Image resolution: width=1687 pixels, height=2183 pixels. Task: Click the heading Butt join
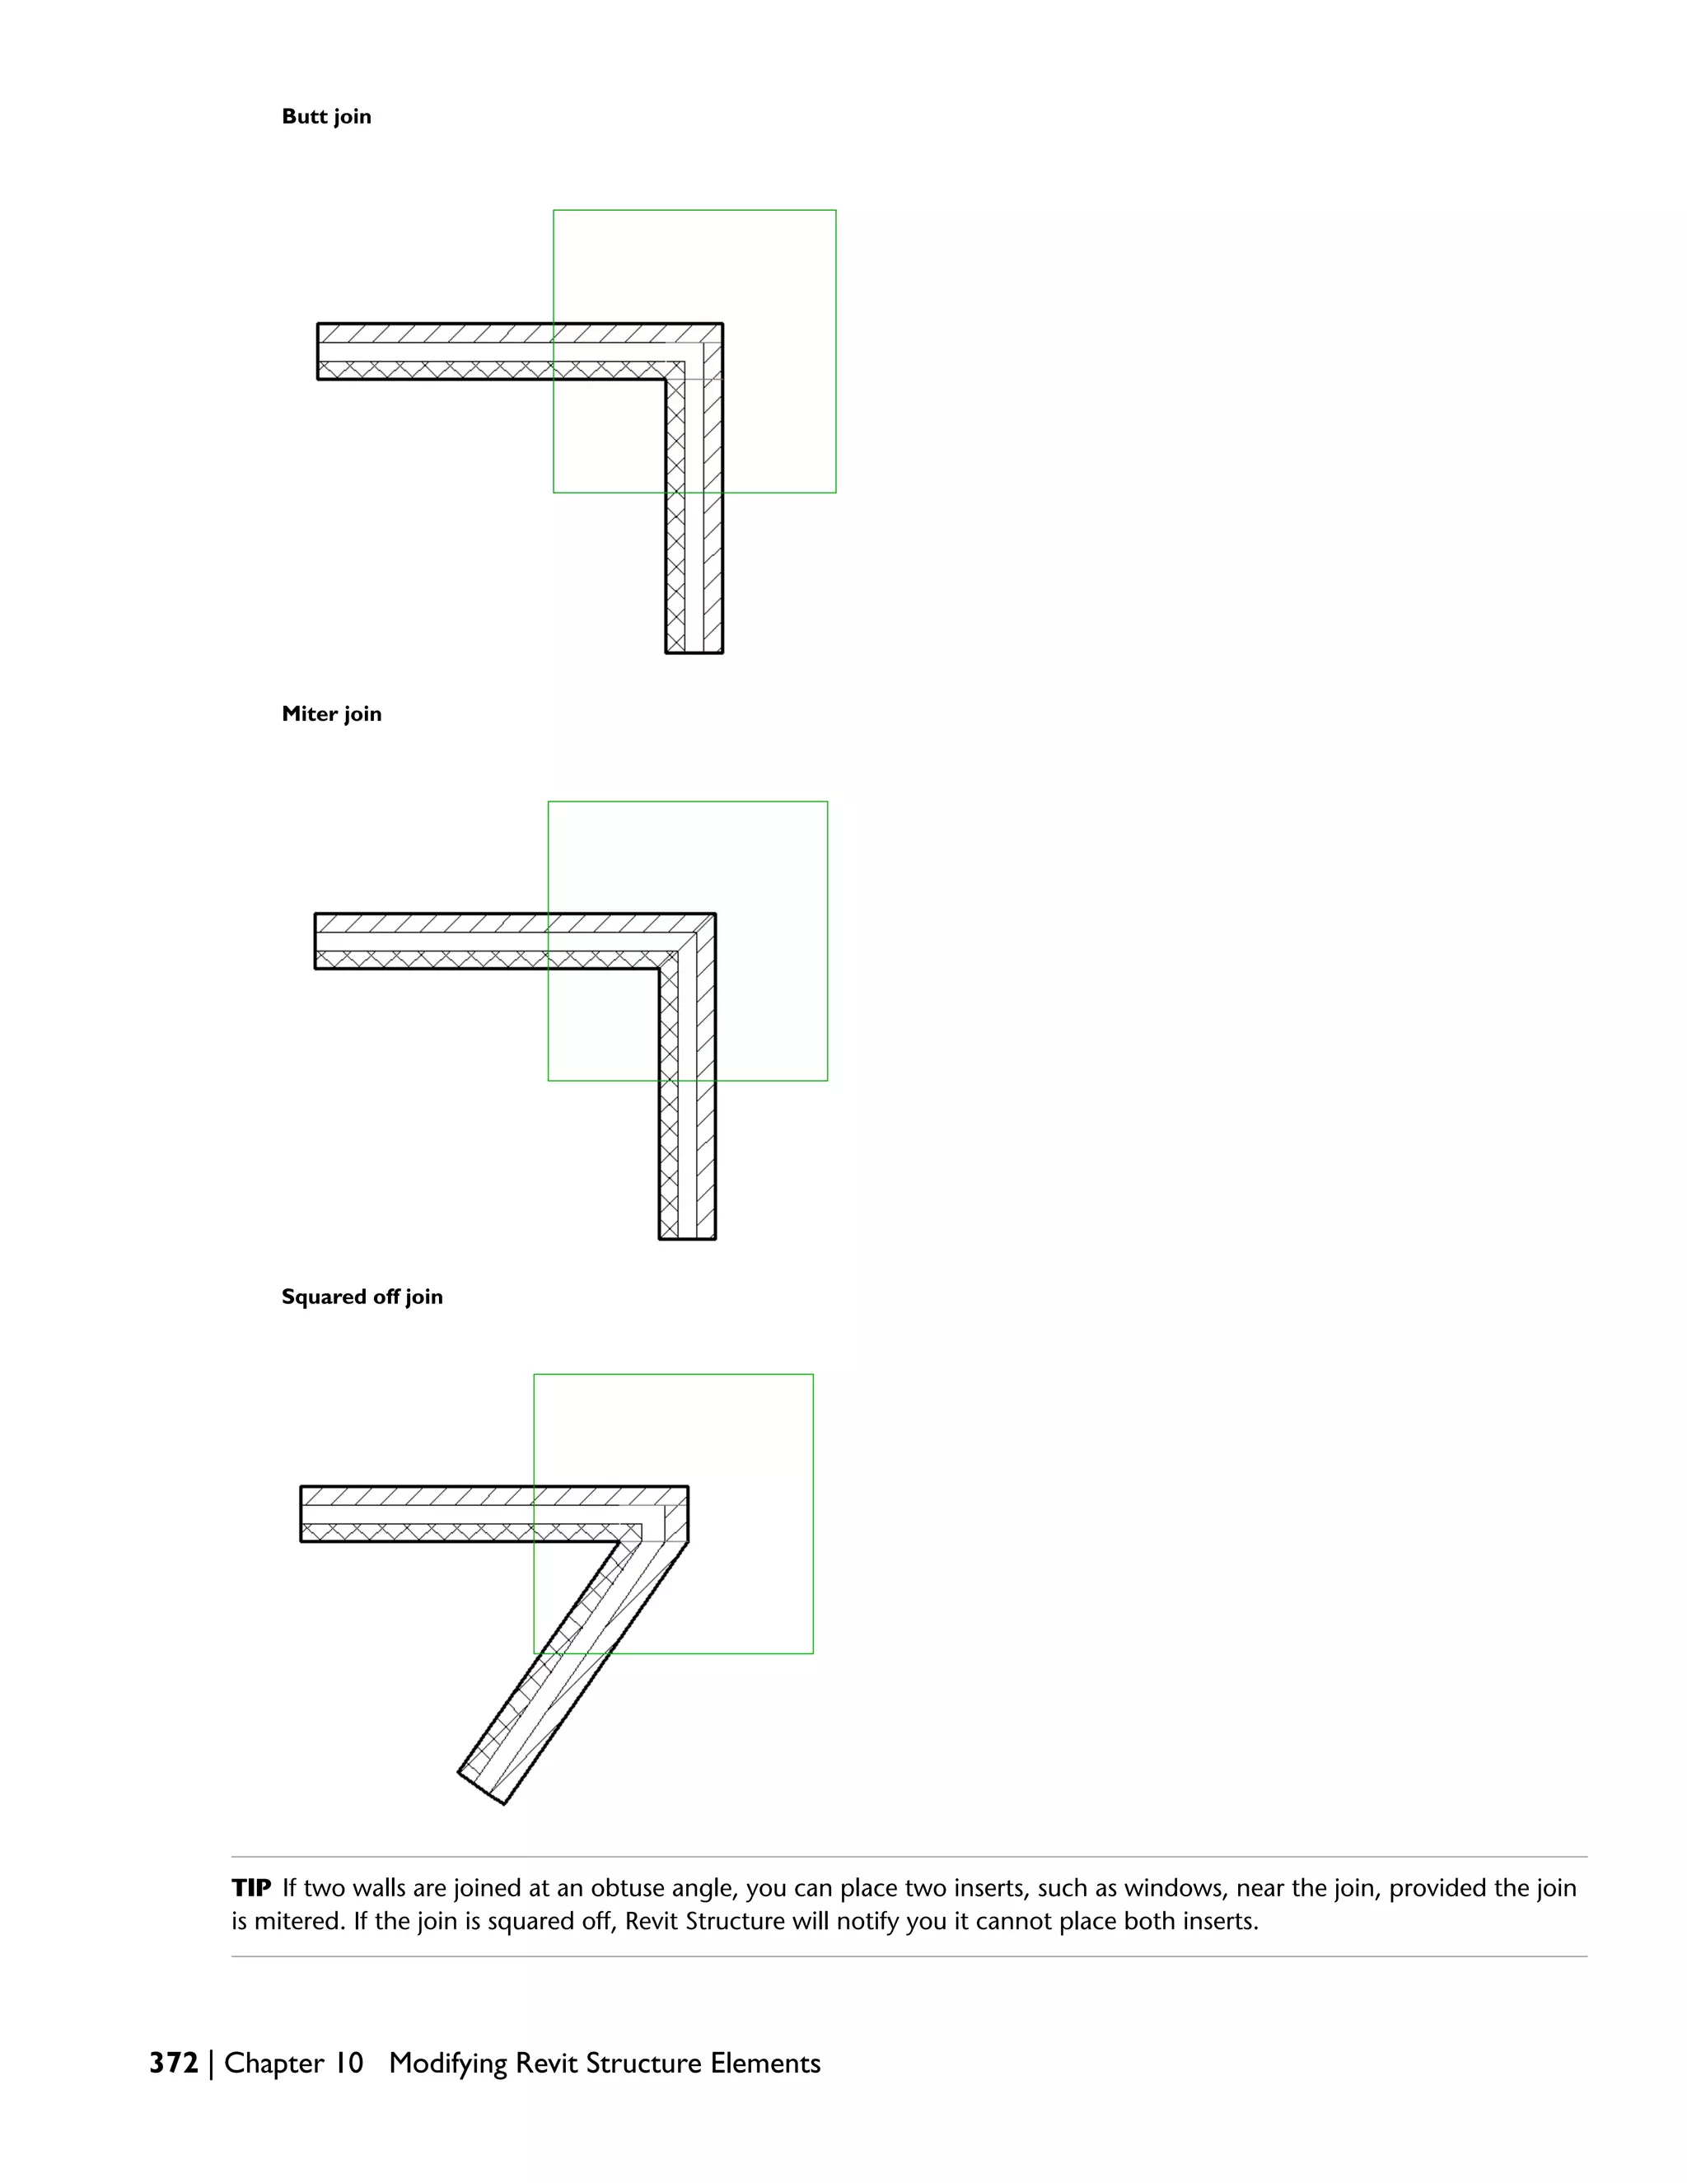pos(326,117)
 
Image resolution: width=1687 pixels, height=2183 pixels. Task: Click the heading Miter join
pos(331,713)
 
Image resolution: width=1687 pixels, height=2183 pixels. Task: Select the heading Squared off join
pos(362,1297)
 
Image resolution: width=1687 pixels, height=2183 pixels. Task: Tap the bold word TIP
pos(252,1888)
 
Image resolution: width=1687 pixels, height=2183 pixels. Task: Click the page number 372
pos(174,2063)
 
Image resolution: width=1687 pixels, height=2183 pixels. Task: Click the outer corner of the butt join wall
pos(722,324)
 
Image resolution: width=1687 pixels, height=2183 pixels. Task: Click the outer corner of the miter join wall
pos(714,914)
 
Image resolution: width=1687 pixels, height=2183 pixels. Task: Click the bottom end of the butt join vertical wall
pos(694,652)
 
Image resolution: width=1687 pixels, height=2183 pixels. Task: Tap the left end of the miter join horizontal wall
pos(315,941)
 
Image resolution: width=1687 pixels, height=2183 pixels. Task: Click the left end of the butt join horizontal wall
pos(318,351)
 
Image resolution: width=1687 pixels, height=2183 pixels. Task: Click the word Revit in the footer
pos(547,2063)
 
